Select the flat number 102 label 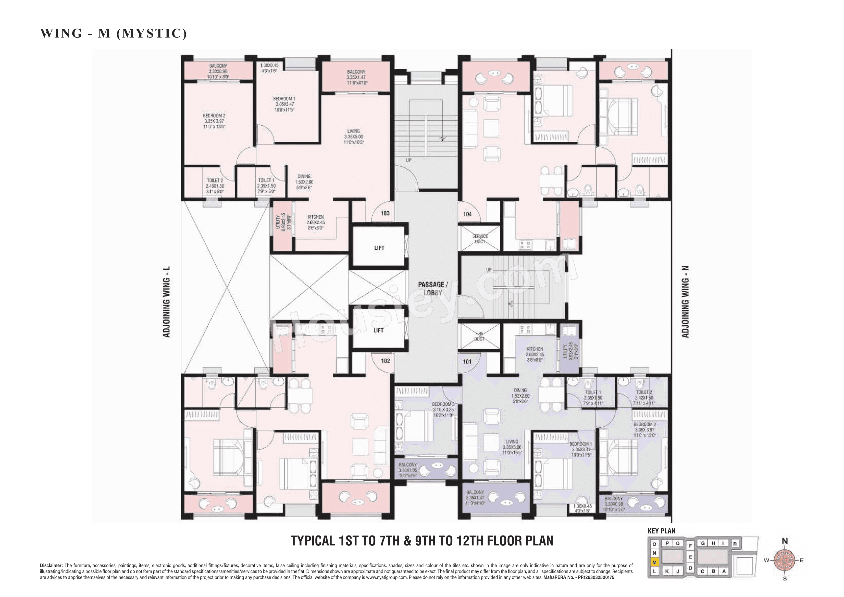coord(385,361)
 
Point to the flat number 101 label coord(467,362)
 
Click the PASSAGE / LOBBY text coord(433,289)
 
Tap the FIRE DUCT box coord(479,336)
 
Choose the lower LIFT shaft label coord(378,330)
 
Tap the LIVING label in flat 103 coord(353,131)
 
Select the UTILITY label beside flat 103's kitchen coord(278,221)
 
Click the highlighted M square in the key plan coord(654,562)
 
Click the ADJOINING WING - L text coord(167,302)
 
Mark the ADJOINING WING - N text coord(685,302)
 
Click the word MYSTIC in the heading coord(152,33)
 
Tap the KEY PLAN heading coord(661,531)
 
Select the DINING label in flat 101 coord(520,390)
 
